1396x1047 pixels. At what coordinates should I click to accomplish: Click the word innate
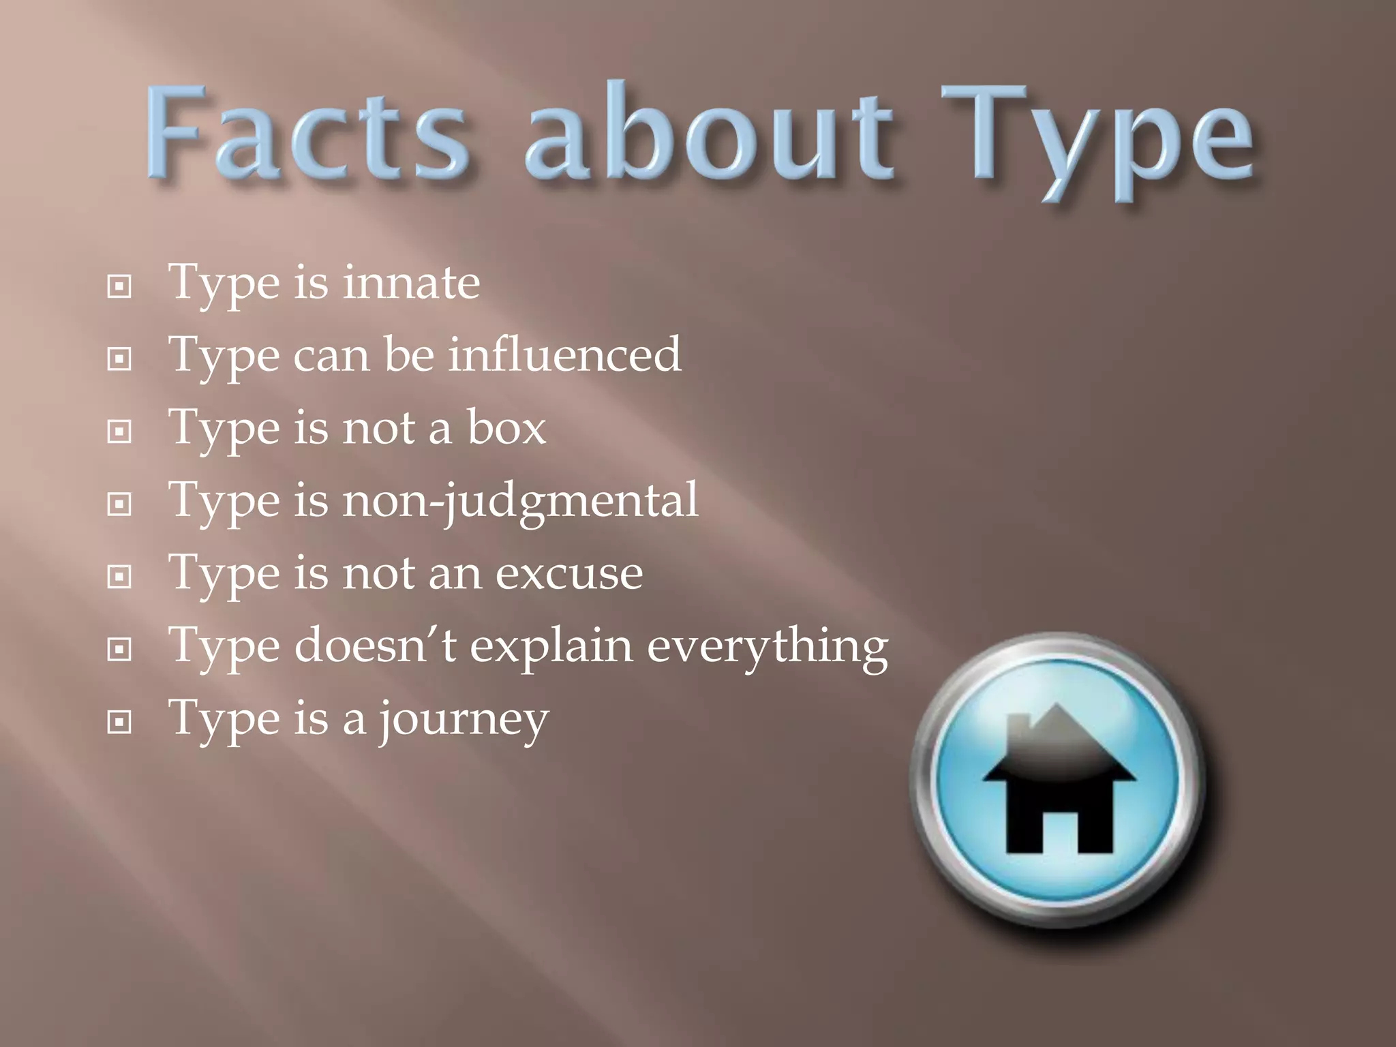pyautogui.click(x=411, y=282)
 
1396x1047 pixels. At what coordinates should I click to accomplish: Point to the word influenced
pyautogui.click(x=564, y=354)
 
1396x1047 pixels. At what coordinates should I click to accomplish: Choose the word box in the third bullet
pyautogui.click(x=506, y=428)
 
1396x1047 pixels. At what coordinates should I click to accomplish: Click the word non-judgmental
pyautogui.click(x=520, y=502)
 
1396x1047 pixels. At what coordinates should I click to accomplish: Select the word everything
pyautogui.click(x=768, y=646)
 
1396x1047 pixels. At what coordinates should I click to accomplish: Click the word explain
pyautogui.click(x=551, y=646)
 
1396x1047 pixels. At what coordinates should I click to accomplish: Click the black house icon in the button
pyautogui.click(x=1059, y=784)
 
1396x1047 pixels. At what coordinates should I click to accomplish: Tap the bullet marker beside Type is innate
pyautogui.click(x=119, y=287)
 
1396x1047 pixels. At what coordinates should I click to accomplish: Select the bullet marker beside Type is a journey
pyautogui.click(x=119, y=722)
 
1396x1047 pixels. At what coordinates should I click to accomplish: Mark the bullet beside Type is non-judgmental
pyautogui.click(x=119, y=504)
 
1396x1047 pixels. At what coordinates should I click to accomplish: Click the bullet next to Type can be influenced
pyautogui.click(x=119, y=359)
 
